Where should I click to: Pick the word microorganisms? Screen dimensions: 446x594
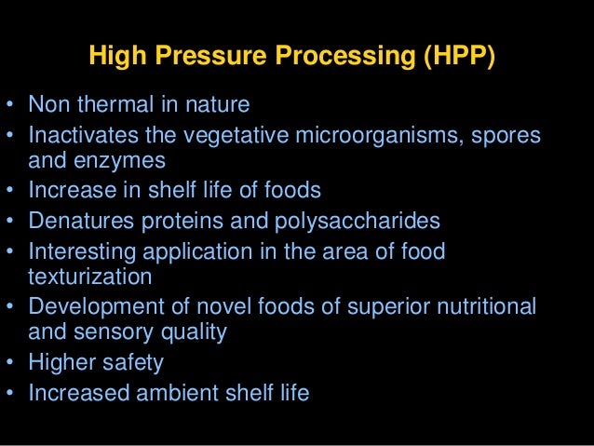pyautogui.click(x=390, y=136)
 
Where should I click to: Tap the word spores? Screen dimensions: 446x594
pyautogui.click(x=508, y=136)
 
